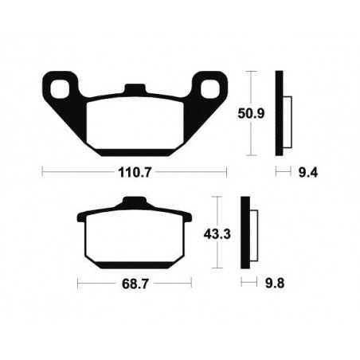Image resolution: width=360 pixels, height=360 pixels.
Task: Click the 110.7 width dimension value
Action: pos(135,171)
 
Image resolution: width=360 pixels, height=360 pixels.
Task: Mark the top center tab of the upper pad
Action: pos(135,88)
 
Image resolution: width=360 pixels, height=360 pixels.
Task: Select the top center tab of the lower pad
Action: pos(134,204)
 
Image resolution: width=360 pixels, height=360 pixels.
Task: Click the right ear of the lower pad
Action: pos(187,217)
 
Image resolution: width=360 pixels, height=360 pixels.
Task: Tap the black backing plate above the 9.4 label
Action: pos(280,113)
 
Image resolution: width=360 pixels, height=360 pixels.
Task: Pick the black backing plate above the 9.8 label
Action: pos(245,231)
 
